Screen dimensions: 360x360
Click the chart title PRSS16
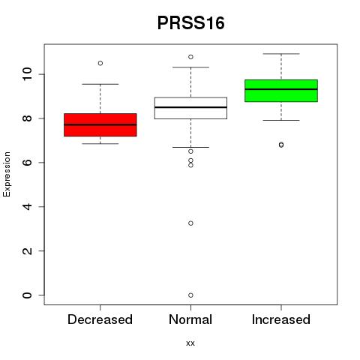pos(190,23)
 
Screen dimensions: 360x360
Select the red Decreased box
pos(100,125)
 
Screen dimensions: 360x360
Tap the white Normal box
pos(190,108)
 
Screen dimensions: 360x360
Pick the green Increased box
pos(281,91)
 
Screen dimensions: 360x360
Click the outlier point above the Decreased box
pos(100,63)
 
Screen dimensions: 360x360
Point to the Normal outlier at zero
pos(190,295)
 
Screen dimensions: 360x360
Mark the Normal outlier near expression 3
pos(190,223)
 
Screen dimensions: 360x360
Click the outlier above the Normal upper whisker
pos(190,57)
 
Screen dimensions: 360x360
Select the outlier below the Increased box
pos(281,145)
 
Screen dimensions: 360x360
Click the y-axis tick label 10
pos(27,74)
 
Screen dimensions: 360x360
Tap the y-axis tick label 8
pos(27,118)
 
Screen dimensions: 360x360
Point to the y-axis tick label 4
pos(27,206)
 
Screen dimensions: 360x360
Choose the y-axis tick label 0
pos(27,295)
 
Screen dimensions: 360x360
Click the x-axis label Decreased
pos(100,319)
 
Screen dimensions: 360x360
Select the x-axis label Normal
pos(190,319)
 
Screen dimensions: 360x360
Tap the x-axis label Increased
pos(281,319)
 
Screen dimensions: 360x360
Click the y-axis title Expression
pos(7,174)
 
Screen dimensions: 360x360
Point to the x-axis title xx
pos(190,343)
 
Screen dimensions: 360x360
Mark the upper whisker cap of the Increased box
pos(281,54)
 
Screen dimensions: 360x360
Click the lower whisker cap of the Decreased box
pos(100,144)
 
